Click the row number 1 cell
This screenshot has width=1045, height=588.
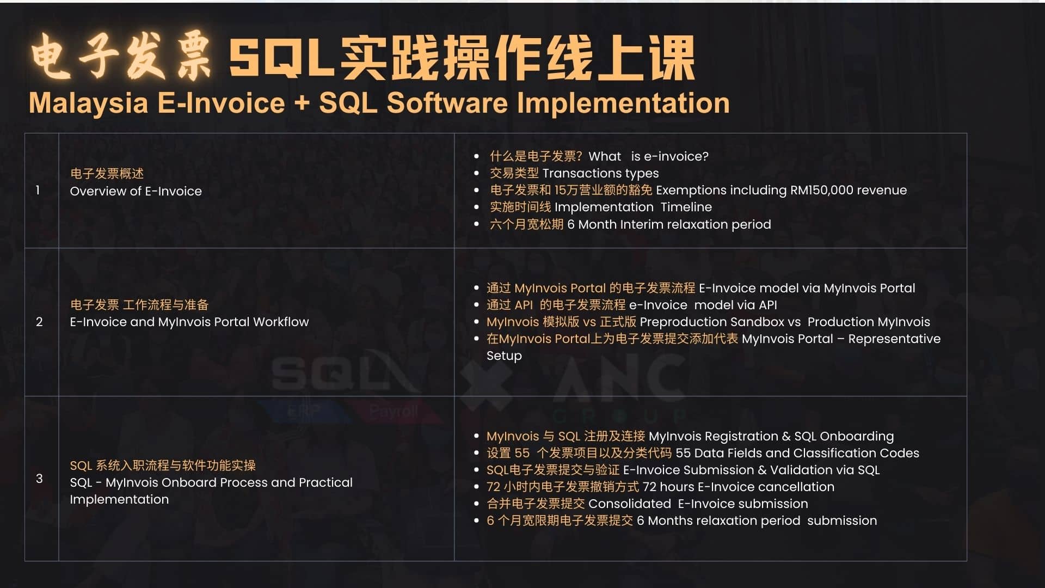(38, 191)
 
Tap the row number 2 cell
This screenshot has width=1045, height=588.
(39, 322)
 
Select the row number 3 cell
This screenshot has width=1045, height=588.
(39, 479)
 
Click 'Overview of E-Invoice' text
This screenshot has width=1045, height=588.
(136, 191)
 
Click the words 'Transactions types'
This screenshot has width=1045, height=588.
(600, 173)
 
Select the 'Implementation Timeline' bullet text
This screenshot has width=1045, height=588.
(633, 207)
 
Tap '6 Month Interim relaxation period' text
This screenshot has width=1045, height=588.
(669, 224)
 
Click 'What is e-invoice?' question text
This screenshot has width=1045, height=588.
(648, 156)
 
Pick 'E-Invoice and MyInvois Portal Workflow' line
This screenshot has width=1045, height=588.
(189, 322)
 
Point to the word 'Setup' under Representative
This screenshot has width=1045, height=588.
(504, 356)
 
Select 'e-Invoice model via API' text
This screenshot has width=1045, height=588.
(703, 305)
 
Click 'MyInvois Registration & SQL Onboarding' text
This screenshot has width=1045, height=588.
(771, 436)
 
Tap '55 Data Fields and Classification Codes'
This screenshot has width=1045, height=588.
(797, 453)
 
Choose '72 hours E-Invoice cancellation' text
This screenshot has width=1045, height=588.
(738, 487)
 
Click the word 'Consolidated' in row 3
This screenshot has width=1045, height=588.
(630, 504)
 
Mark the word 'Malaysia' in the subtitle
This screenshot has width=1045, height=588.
(88, 103)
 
